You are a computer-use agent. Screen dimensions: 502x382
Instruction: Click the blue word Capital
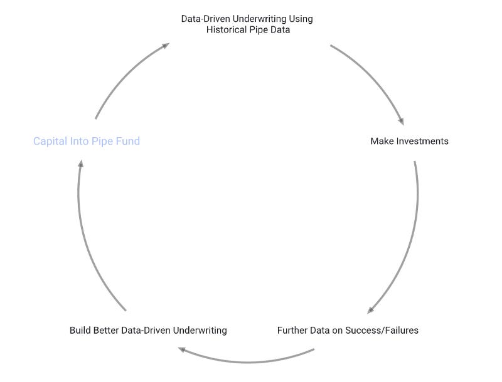click(50, 141)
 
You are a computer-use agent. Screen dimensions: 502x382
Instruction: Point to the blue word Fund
click(127, 141)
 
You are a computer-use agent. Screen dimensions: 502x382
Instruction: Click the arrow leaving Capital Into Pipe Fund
click(125, 75)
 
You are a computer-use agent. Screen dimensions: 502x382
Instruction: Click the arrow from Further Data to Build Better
click(248, 361)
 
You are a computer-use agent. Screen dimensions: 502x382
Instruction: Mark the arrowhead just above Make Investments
click(399, 121)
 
